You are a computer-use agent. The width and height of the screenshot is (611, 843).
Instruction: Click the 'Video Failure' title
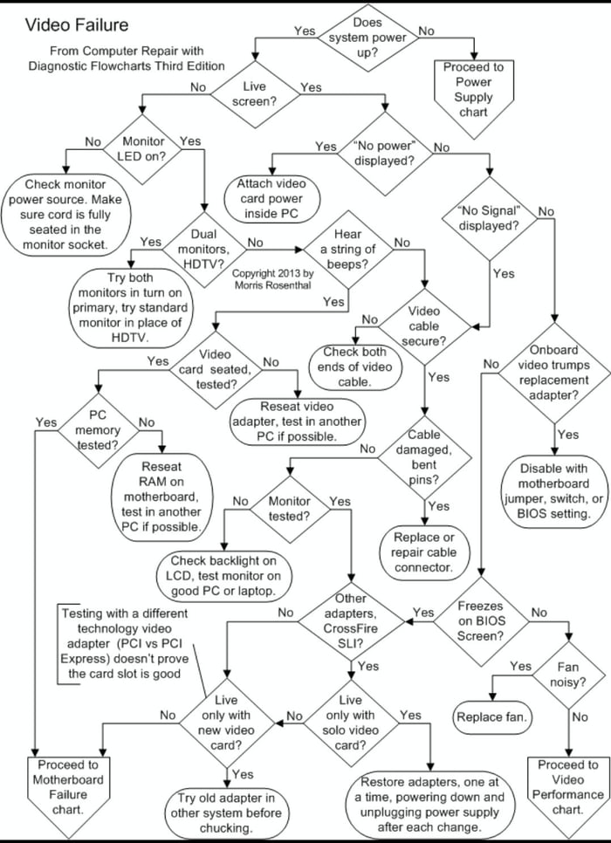click(77, 25)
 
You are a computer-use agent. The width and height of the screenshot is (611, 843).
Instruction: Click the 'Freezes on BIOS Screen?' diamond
click(481, 619)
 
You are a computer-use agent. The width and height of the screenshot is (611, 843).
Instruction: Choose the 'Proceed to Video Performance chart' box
click(567, 787)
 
